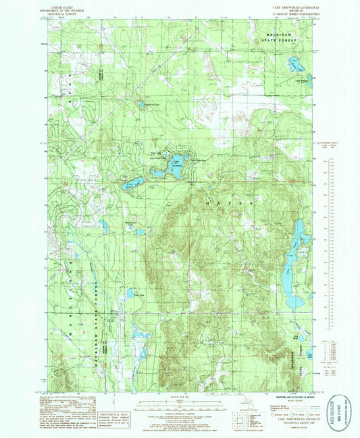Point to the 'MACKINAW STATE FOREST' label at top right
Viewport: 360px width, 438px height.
pos(283,40)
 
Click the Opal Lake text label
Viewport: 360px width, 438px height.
pos(139,294)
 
